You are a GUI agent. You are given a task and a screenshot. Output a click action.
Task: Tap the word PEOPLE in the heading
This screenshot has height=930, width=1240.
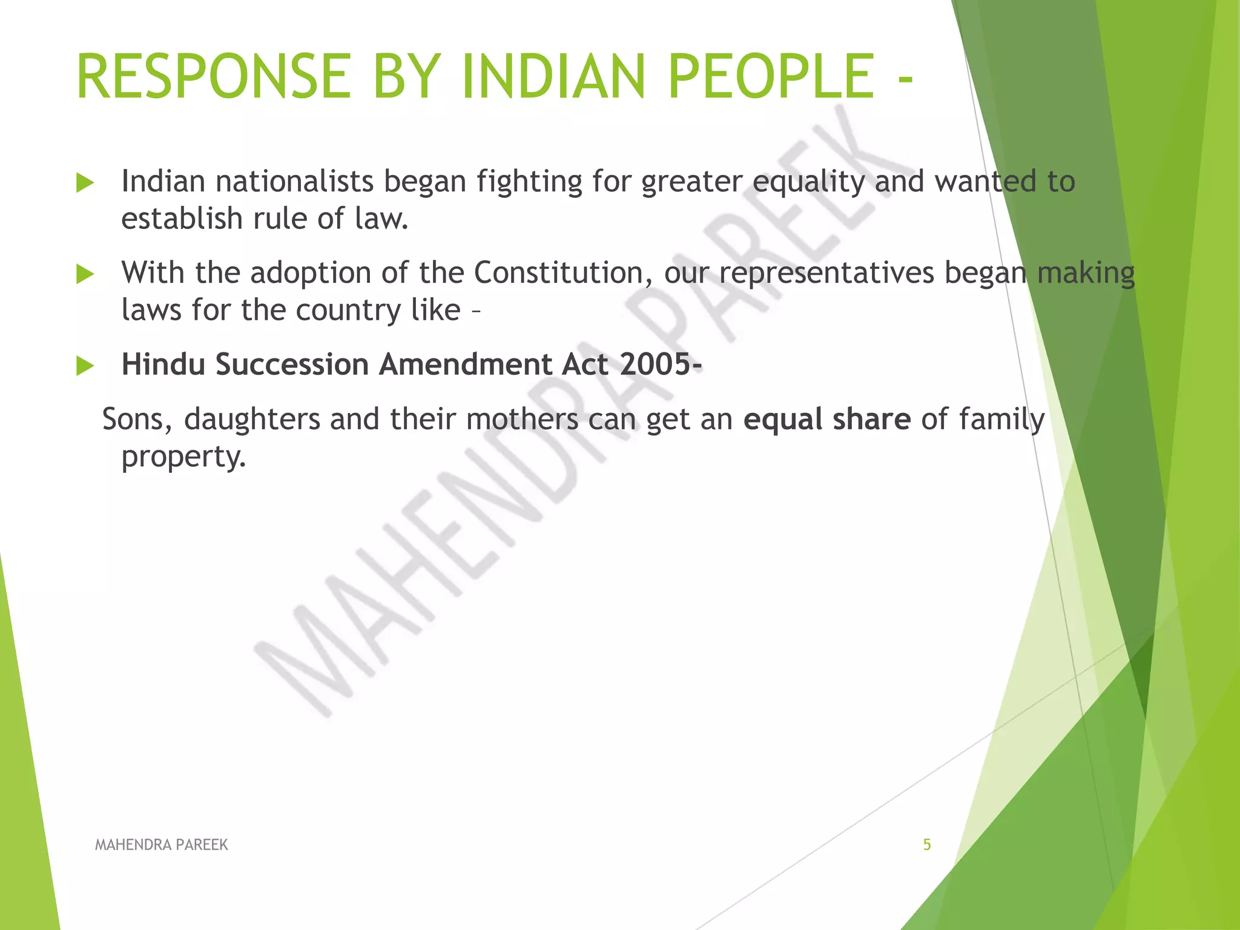click(771, 77)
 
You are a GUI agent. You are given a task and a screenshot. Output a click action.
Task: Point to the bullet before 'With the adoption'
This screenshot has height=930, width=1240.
click(85, 274)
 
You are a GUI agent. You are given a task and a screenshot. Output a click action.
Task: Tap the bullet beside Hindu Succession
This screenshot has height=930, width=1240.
click(85, 366)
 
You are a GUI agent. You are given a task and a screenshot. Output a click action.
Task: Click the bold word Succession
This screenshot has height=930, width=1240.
click(292, 364)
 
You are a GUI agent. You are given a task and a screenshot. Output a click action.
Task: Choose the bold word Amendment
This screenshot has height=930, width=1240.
click(465, 364)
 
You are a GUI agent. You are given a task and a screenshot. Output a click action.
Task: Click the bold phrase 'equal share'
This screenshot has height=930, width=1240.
click(826, 419)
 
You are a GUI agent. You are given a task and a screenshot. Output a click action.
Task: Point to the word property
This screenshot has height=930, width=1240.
click(183, 457)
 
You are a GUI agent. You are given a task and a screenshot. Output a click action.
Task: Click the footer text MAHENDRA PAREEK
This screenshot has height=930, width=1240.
click(161, 845)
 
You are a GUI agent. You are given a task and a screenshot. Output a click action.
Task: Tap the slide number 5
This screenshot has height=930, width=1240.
click(926, 845)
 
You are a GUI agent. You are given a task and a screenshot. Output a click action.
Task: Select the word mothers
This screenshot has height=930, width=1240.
click(522, 419)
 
